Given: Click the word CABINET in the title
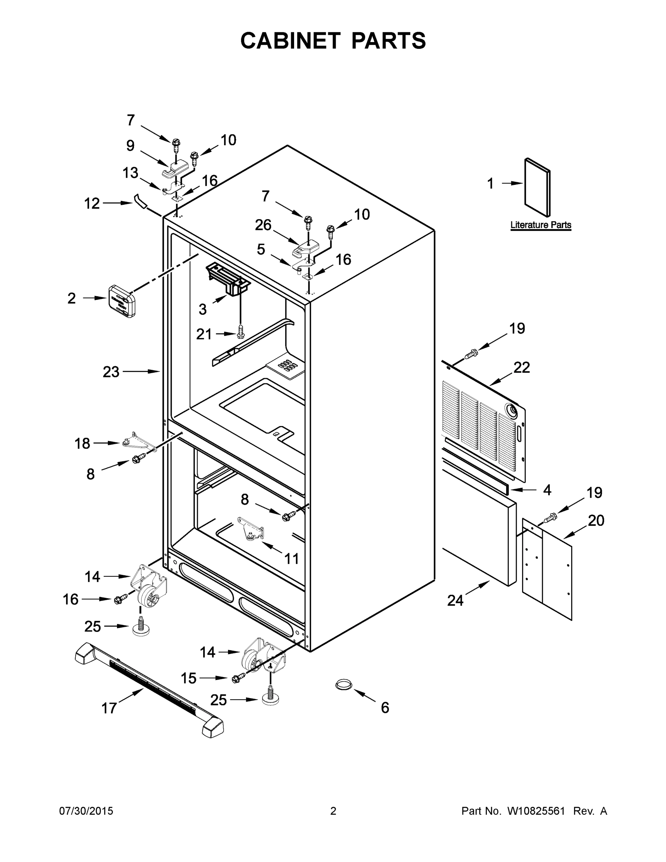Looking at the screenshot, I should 290,41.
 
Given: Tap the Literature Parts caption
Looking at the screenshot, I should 541,225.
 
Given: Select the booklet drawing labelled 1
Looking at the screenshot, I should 537,187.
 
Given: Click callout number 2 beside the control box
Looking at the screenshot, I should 71,298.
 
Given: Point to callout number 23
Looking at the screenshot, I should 111,372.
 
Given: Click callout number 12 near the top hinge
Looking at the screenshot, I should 92,204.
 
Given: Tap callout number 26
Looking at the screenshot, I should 263,225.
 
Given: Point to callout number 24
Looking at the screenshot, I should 455,600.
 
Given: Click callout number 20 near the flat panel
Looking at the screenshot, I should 596,520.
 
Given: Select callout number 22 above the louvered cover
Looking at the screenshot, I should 521,367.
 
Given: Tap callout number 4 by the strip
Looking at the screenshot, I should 547,490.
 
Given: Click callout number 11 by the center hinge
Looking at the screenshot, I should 292,559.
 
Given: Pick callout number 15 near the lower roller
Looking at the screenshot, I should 188,678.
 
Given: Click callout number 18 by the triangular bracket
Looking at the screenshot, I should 83,444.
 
